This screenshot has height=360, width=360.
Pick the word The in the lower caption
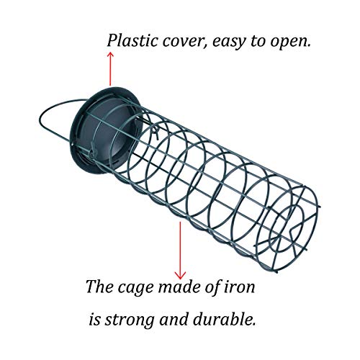(100, 286)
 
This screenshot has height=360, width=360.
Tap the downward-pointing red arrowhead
(180, 275)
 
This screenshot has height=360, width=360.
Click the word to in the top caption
(258, 42)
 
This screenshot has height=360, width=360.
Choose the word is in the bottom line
(95, 320)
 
